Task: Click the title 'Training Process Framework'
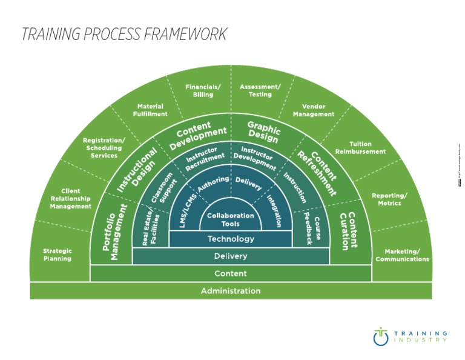[124, 34]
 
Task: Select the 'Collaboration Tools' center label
[231, 219]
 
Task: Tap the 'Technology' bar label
[231, 239]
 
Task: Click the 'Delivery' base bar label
[231, 256]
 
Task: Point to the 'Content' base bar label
[231, 273]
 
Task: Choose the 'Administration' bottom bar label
[231, 291]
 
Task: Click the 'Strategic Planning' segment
[58, 255]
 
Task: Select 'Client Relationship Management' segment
[71, 199]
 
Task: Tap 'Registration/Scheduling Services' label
[104, 148]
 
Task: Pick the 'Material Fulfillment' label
[150, 110]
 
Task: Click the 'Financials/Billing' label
[203, 91]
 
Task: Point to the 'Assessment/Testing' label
[260, 91]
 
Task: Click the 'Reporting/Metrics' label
[389, 199]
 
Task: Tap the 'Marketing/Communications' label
[402, 255]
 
